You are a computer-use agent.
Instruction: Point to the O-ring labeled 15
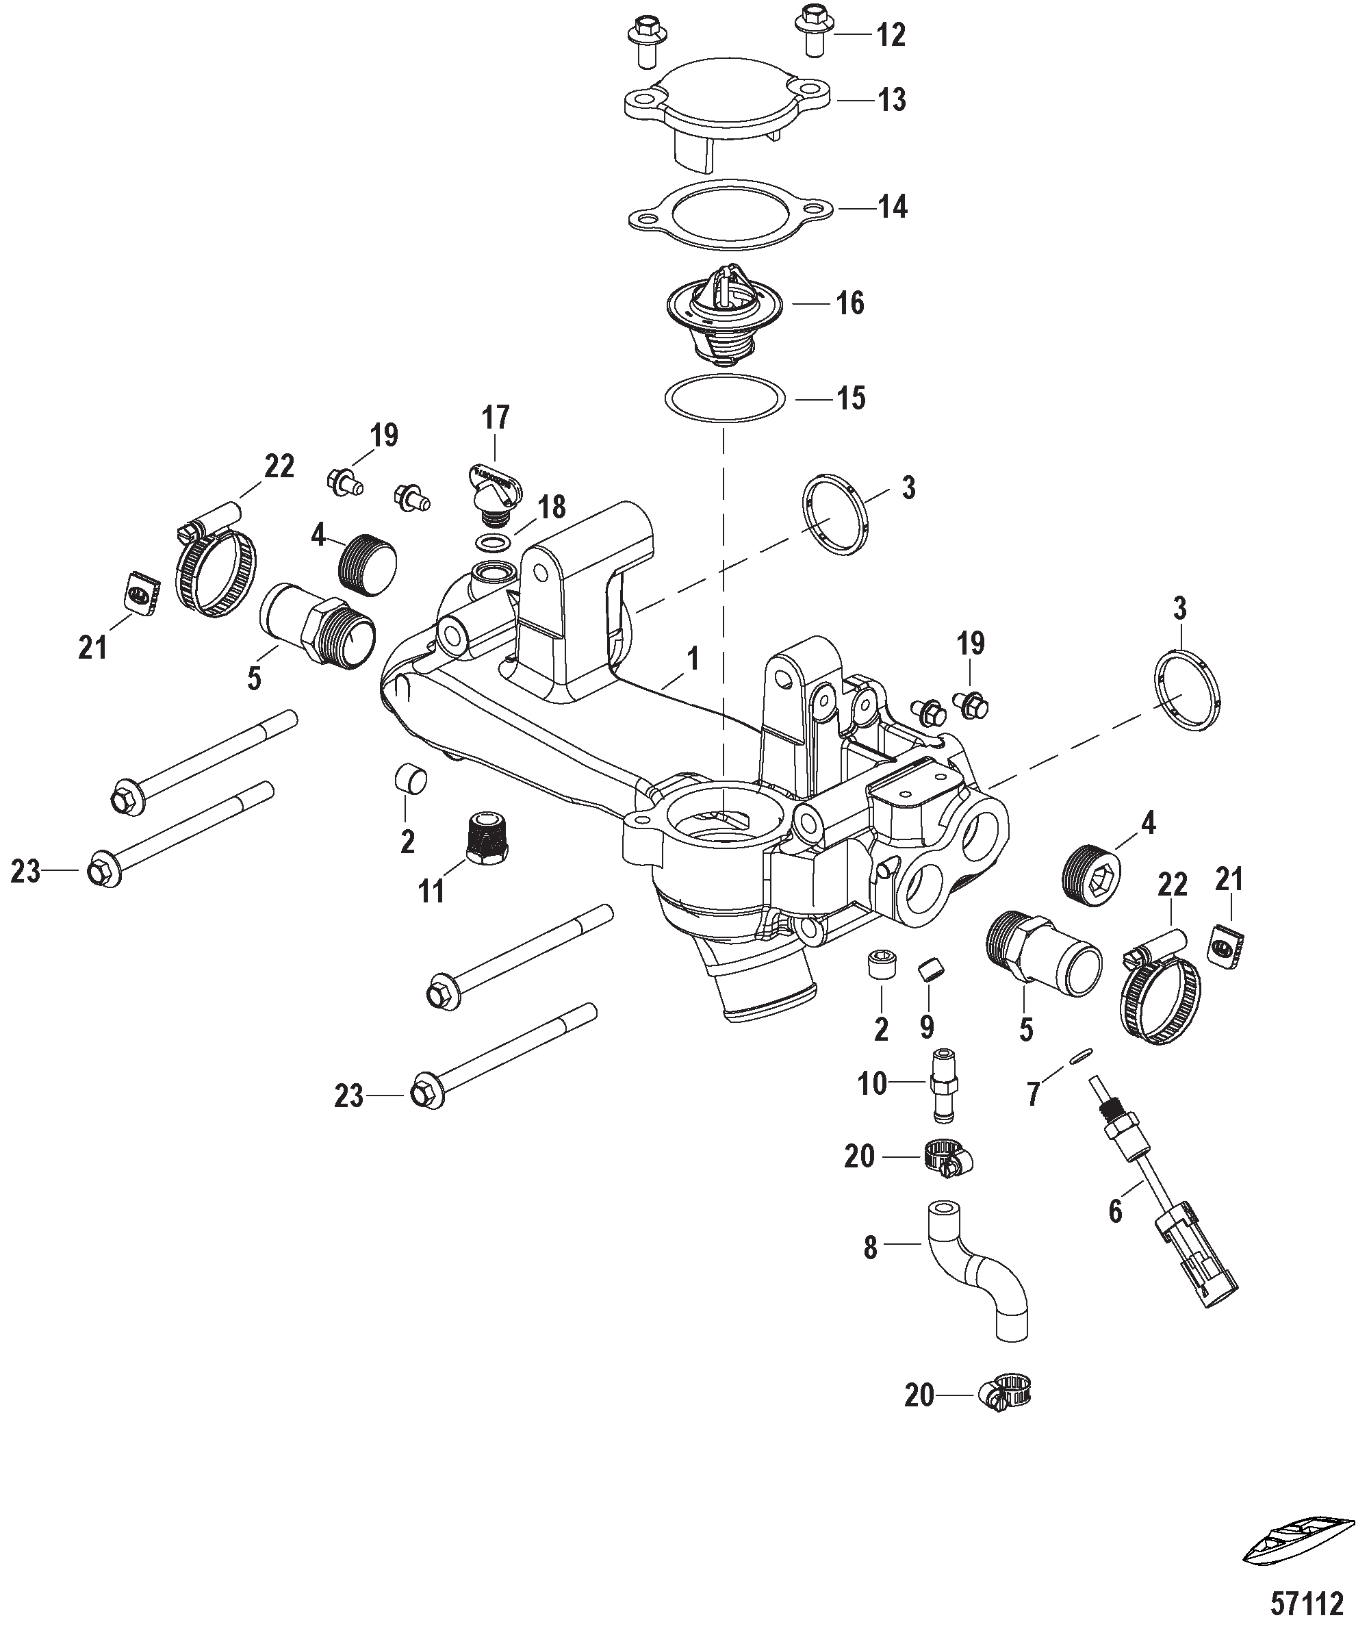point(724,398)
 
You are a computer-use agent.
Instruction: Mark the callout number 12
point(891,35)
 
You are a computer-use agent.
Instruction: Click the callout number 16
point(849,303)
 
